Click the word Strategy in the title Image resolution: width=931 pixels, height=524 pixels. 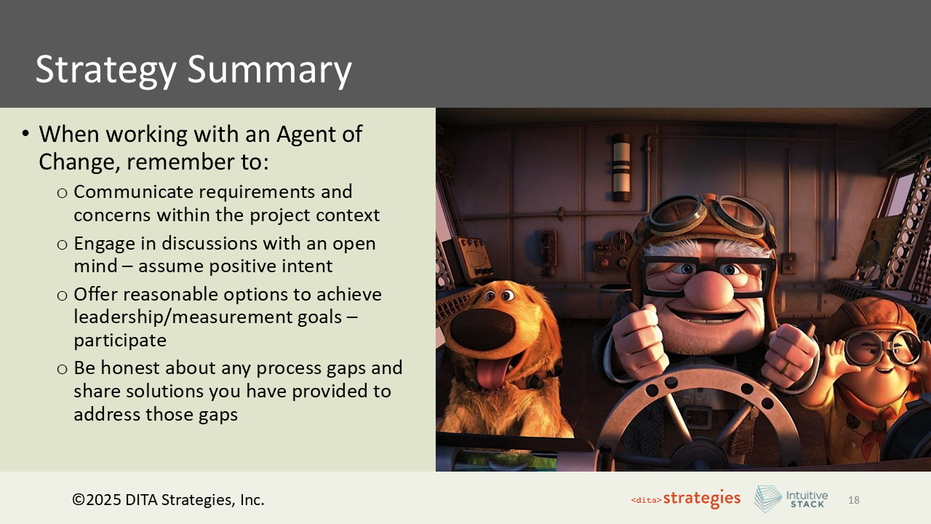[105, 70]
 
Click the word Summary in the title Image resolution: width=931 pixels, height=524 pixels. [270, 70]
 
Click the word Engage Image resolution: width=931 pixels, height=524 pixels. [105, 243]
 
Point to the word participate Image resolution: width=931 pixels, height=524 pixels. [120, 340]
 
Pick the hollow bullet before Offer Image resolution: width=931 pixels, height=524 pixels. [63, 295]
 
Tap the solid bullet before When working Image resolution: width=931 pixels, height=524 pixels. [25, 135]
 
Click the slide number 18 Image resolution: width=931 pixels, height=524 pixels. [854, 500]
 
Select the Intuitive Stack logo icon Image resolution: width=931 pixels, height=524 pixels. [767, 499]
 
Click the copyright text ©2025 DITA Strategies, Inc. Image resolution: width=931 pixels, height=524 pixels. [168, 500]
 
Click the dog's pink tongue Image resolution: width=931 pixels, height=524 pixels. [492, 372]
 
